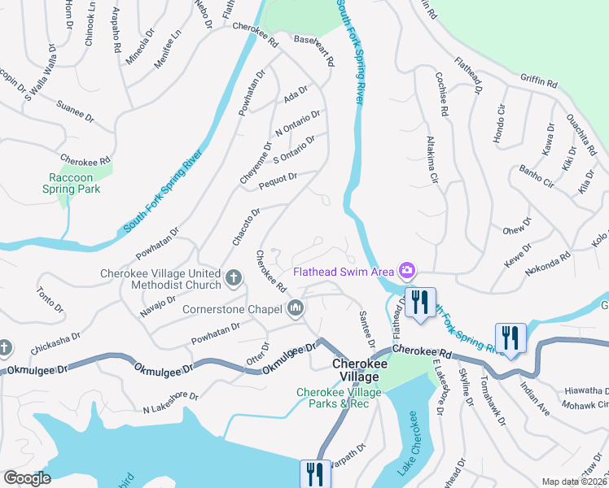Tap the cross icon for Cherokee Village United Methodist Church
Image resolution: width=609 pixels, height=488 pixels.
pos(234,279)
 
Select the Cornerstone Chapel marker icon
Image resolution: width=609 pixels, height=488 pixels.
pos(296,308)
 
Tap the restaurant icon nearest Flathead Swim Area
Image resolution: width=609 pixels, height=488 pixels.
pos(420,303)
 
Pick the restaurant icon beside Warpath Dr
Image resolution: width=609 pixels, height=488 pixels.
pos(314,473)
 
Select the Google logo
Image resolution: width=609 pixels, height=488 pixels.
pos(27,478)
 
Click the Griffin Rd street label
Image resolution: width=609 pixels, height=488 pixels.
pos(539,81)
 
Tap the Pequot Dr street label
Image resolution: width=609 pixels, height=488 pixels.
pos(278,181)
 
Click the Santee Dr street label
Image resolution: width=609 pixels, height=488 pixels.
pos(366,329)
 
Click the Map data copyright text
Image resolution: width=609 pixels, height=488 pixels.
pos(574,481)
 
